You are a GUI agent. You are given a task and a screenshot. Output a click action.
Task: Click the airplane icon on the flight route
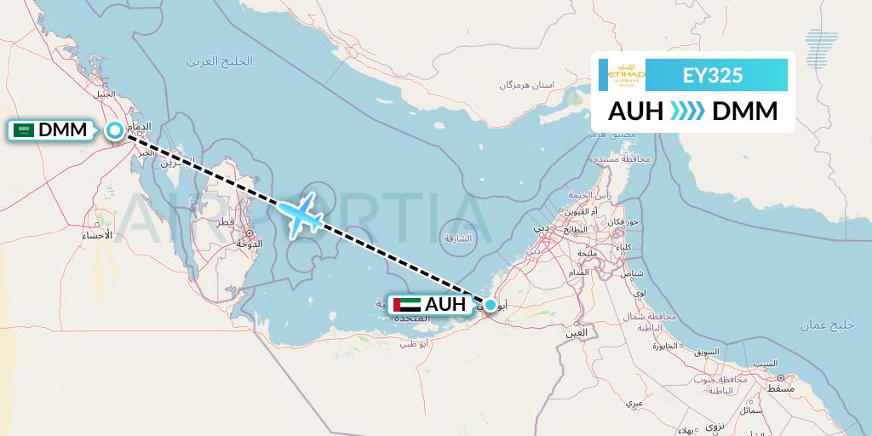(301, 215)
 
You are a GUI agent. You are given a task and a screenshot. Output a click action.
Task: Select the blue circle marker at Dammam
(115, 130)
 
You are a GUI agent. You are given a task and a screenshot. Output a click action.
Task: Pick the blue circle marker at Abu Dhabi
(490, 305)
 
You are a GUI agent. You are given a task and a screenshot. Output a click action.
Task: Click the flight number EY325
(713, 76)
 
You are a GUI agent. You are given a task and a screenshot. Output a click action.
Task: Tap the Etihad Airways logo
(627, 76)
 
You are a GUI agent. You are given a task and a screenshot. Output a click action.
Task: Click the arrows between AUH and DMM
(687, 112)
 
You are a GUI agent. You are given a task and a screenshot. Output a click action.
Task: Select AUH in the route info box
(636, 112)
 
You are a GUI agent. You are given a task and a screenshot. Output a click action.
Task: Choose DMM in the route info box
(744, 112)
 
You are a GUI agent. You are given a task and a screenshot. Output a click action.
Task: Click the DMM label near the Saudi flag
(63, 130)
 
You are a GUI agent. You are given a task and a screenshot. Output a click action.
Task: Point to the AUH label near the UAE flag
(445, 305)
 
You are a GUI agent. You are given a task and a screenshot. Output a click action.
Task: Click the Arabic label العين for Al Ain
(577, 333)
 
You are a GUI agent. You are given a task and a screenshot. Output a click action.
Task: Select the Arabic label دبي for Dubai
(542, 228)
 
